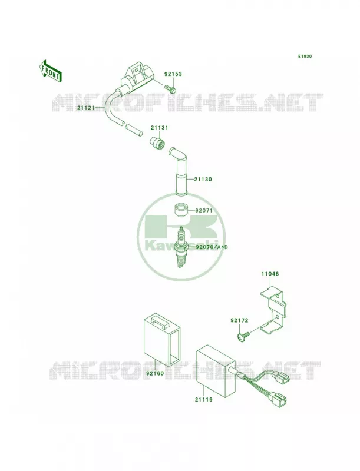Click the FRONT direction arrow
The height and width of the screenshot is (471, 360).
point(50,71)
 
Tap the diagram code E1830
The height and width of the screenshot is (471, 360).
point(305,56)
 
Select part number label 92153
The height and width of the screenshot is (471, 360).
point(173,74)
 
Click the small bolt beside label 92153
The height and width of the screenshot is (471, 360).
point(170,88)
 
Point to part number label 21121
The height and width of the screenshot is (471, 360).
point(85,108)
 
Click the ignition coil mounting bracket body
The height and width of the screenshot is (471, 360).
point(136,77)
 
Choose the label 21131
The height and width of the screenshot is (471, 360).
point(159,128)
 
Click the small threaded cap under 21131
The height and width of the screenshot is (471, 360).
point(157,142)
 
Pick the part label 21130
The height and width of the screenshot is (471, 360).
point(203,180)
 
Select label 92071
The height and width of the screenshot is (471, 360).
point(204,211)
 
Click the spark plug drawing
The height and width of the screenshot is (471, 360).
point(181,247)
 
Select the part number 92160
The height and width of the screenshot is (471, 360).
point(155,374)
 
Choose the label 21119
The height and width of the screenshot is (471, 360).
point(204,400)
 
